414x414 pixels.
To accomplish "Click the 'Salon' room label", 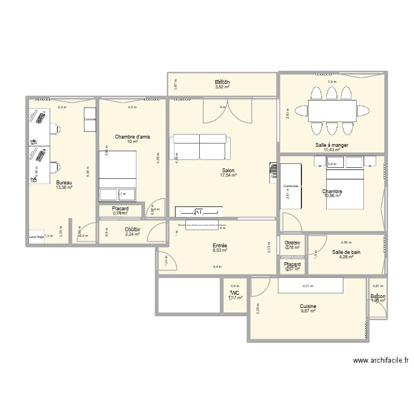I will pyautogui.click(x=229, y=170).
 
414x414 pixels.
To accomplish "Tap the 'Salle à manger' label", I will pyautogui.click(x=332, y=145).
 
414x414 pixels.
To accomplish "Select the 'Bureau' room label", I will pyautogui.click(x=64, y=182).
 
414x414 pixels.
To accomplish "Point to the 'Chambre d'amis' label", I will pyautogui.click(x=132, y=136).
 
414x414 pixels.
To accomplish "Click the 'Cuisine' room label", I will pyautogui.click(x=308, y=306).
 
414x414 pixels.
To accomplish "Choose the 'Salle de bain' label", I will pyautogui.click(x=346, y=252).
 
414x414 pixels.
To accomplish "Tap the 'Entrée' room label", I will pyautogui.click(x=220, y=246).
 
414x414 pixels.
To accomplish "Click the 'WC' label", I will pyautogui.click(x=235, y=293).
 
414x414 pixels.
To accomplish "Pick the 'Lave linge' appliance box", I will pyautogui.click(x=36, y=236).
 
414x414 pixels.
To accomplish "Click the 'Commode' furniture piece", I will pyautogui.click(x=291, y=187).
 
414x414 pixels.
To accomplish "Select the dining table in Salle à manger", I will pyautogui.click(x=332, y=111).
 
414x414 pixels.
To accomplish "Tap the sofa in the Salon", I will pyautogui.click(x=199, y=146).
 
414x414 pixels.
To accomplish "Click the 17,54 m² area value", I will pyautogui.click(x=229, y=175).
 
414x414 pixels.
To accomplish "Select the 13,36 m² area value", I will pyautogui.click(x=64, y=187).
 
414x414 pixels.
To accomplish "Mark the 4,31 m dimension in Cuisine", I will pyautogui.click(x=307, y=286).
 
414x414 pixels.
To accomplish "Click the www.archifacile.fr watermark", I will pyautogui.click(x=381, y=360).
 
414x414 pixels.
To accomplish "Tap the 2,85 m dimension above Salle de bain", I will pyautogui.click(x=346, y=242).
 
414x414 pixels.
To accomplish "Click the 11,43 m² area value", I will pyautogui.click(x=332, y=150).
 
